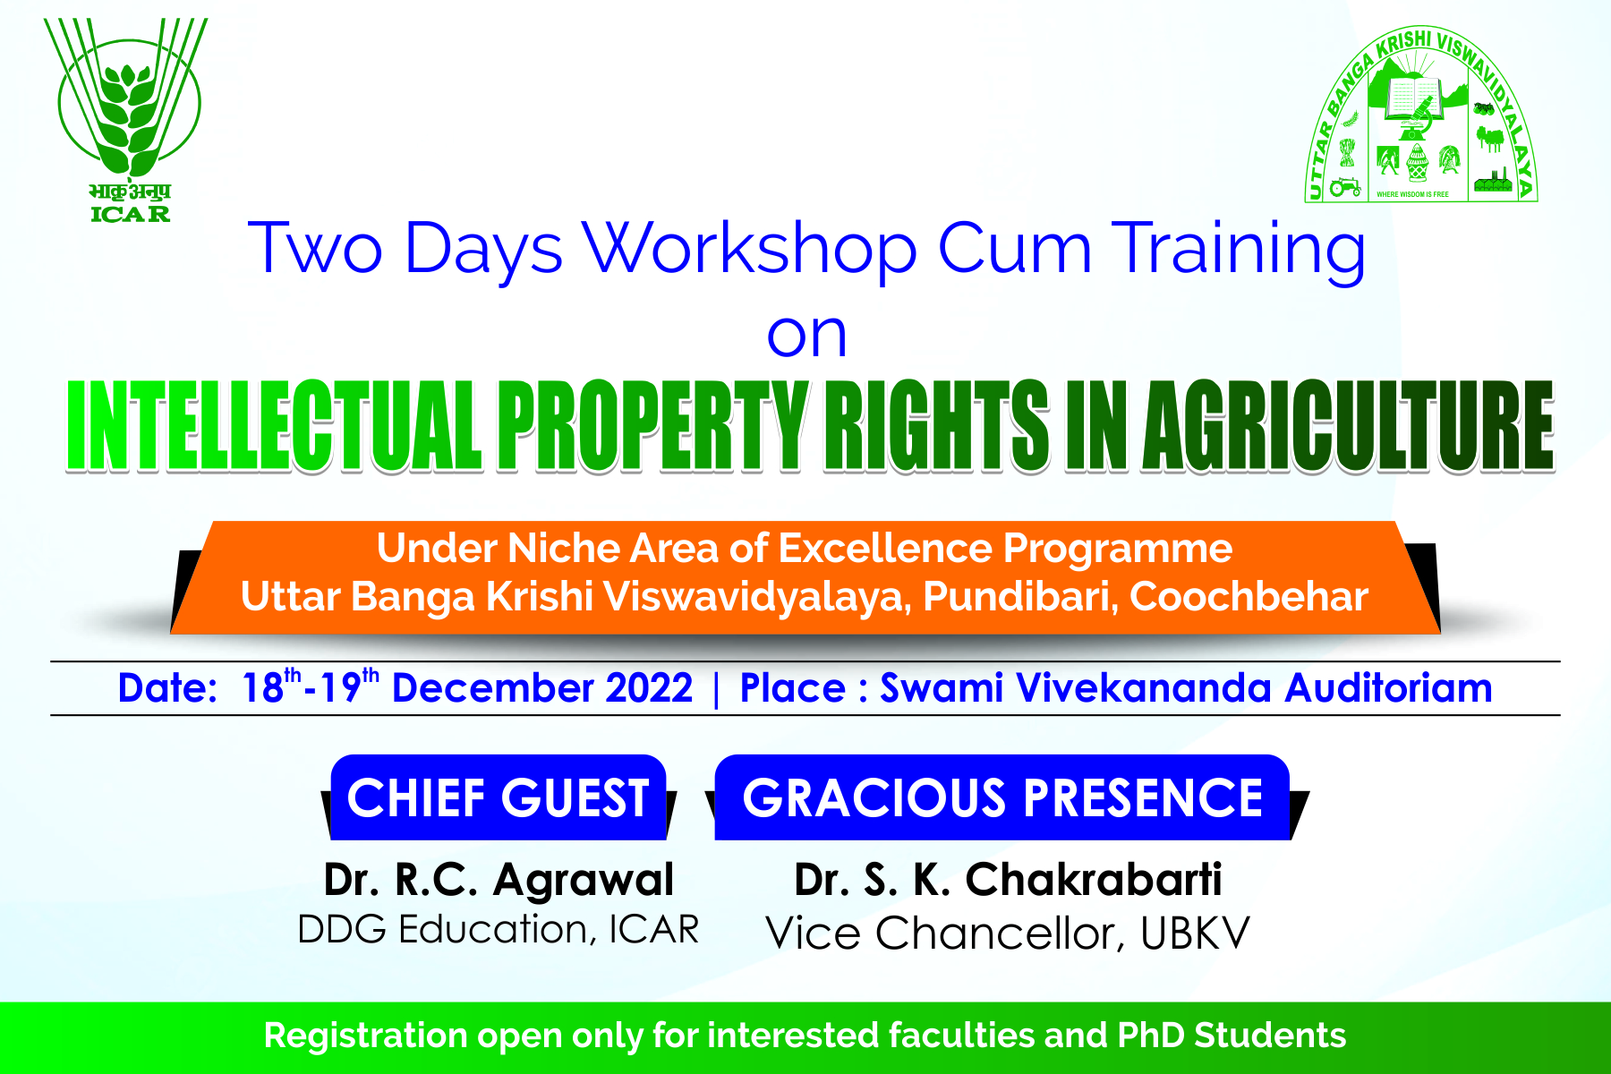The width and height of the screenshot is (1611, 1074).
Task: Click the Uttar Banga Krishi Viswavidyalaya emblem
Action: [x=1420, y=115]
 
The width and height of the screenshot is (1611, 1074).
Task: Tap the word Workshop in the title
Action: [x=751, y=248]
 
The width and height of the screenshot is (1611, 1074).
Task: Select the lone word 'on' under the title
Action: [x=806, y=336]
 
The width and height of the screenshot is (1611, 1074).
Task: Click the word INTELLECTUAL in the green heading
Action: [x=274, y=425]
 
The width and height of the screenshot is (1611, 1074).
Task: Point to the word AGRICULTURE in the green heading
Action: [x=1350, y=425]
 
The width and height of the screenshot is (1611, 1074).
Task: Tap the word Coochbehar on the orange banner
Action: [x=1249, y=597]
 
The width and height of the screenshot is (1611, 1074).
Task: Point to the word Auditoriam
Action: [x=1389, y=688]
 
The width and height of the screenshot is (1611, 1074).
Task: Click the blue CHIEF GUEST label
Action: [x=499, y=797]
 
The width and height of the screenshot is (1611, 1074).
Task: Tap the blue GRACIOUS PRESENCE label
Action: [x=1002, y=797]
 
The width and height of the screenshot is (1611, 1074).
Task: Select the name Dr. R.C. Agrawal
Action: [x=499, y=880]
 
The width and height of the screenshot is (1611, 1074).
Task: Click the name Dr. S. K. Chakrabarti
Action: [x=1008, y=880]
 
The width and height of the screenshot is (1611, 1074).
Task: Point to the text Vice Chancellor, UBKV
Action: [x=1008, y=933]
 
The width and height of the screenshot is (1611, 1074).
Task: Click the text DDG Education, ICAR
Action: [x=499, y=930]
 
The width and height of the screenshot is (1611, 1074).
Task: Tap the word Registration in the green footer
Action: [x=366, y=1036]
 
